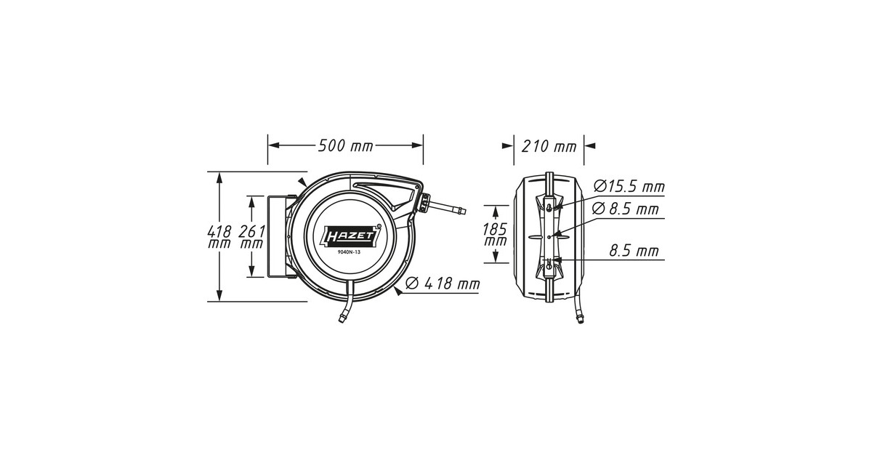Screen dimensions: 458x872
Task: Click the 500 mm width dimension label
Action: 345,145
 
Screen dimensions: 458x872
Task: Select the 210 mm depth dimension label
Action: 549,146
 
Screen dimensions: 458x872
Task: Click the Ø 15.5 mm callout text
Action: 629,187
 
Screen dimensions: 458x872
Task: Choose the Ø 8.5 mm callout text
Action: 626,209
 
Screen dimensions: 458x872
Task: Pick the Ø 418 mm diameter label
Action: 443,284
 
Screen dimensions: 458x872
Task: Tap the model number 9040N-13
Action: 349,252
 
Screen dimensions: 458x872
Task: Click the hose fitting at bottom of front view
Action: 342,316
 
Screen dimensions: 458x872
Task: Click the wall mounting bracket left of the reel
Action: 277,236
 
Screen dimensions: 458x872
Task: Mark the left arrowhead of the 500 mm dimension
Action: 273,145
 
